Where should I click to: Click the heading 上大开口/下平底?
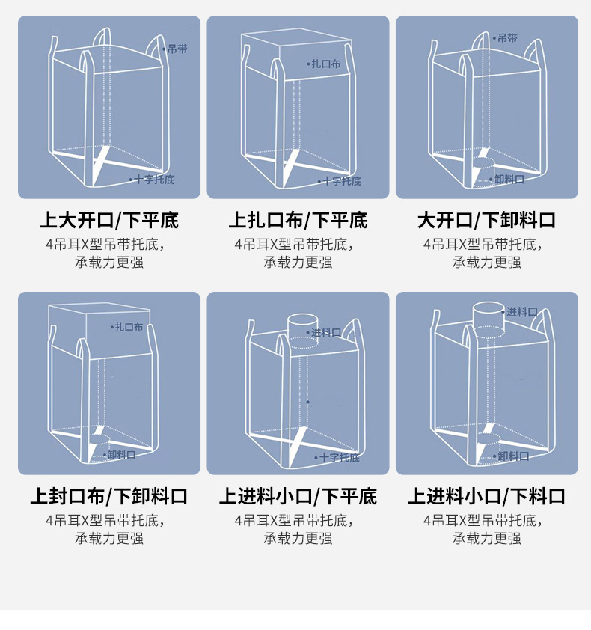109,221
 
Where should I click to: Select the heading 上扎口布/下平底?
298,221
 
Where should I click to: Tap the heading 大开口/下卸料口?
487,221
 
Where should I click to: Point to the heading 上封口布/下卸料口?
109,496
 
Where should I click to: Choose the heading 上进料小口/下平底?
298,496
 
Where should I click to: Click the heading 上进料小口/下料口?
487,496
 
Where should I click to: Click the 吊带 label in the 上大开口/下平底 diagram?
178,49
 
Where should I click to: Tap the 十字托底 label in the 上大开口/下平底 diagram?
154,180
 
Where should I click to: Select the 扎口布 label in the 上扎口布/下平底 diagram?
325,64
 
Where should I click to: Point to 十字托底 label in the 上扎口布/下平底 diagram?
342,181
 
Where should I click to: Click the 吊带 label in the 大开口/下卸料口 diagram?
507,37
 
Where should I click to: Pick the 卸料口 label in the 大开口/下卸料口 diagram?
509,180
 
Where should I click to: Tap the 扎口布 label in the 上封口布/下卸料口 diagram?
128,327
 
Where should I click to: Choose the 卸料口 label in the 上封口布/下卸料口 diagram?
121,454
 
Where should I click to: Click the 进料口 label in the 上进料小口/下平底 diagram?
326,332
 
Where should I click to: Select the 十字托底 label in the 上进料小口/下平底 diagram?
339,457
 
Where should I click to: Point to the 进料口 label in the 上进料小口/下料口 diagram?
522,311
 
